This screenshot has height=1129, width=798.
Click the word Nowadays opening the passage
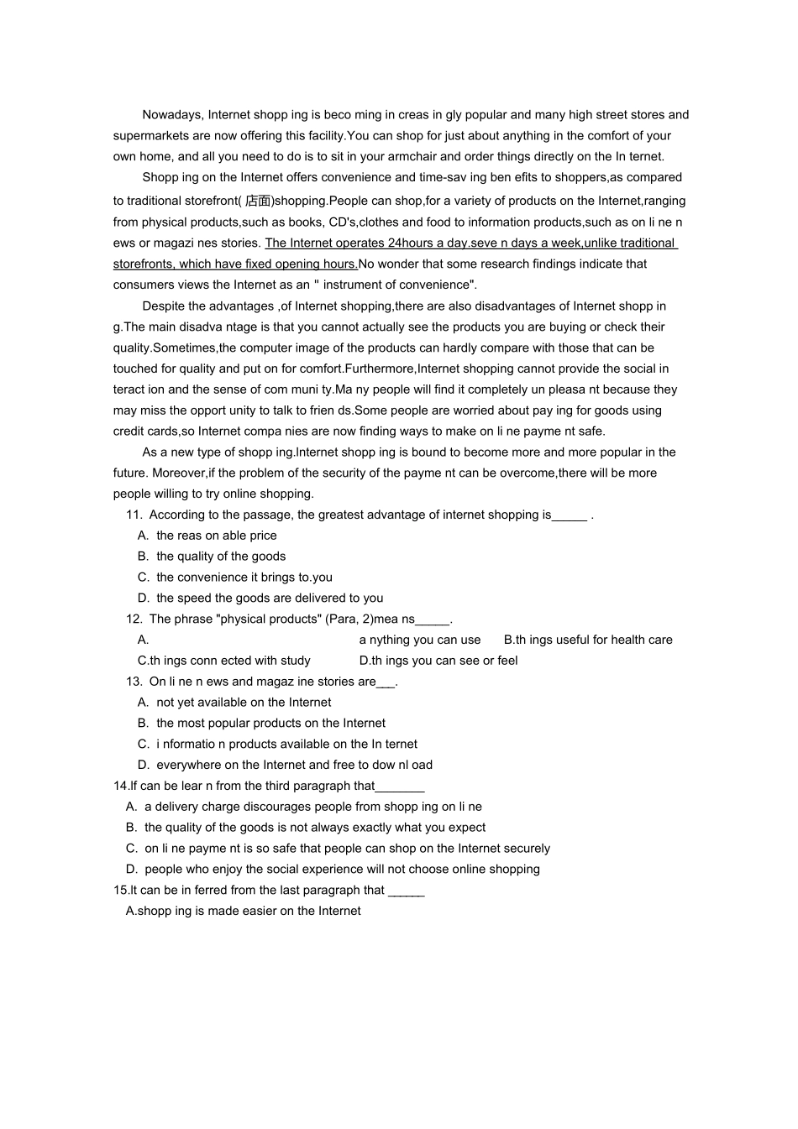click(172, 115)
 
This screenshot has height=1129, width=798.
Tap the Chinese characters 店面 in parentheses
click(258, 201)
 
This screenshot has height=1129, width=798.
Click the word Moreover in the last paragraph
click(178, 473)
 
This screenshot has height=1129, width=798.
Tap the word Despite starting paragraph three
click(162, 306)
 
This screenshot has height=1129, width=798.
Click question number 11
click(134, 515)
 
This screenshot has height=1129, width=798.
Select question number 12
click(134, 619)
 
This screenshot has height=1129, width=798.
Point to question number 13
click(134, 682)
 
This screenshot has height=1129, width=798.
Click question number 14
click(121, 787)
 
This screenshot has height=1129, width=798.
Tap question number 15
click(121, 891)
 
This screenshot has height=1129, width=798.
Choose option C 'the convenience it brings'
click(244, 578)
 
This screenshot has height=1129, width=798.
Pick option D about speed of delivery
click(269, 598)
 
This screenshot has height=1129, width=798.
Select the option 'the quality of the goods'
click(220, 557)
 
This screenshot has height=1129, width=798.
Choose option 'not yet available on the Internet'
click(244, 703)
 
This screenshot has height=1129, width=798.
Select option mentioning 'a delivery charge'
click(312, 807)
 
